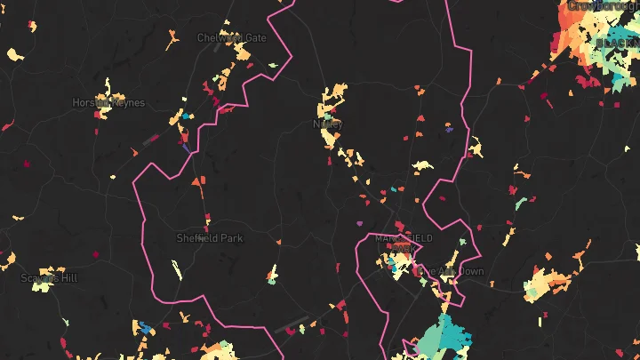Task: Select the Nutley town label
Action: [327, 124]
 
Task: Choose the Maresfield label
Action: [404, 238]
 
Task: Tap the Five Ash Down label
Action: [452, 271]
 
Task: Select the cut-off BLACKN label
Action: [617, 43]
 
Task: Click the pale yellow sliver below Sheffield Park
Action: [176, 268]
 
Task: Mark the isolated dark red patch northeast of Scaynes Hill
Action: [95, 256]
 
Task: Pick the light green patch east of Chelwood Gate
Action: [273, 65]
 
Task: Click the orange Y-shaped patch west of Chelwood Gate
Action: [172, 40]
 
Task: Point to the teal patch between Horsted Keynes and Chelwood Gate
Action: [185, 116]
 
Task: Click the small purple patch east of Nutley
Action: [450, 129]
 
